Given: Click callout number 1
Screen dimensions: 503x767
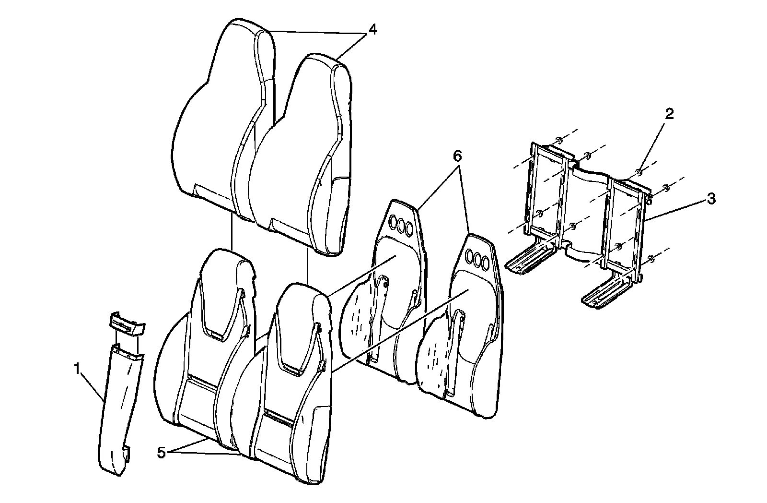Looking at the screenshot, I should (x=77, y=369).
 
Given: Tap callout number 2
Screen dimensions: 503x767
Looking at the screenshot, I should (x=669, y=114).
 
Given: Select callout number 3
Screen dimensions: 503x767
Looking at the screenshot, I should (x=711, y=198).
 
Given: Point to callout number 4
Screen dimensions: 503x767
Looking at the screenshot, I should (x=372, y=29).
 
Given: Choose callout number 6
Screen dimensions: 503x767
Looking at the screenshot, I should (x=457, y=156).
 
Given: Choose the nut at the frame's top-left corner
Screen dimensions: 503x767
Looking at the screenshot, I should (x=558, y=140).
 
